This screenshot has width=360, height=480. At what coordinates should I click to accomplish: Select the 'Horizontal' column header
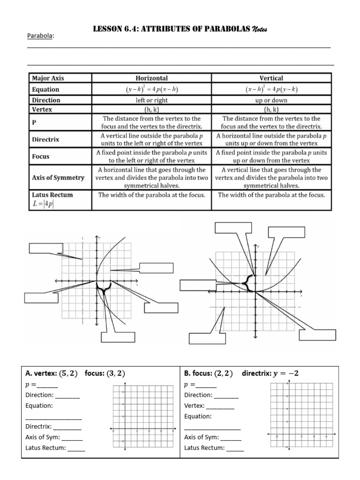151,78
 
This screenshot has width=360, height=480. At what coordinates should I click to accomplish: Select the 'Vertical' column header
271,78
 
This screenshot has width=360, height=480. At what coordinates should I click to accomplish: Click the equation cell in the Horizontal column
151,89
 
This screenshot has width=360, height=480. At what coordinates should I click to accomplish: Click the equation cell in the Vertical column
271,89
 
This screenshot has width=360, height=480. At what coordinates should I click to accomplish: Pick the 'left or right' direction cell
151,100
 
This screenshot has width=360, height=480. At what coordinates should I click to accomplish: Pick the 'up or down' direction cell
271,100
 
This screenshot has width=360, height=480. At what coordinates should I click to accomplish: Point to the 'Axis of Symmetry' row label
58,177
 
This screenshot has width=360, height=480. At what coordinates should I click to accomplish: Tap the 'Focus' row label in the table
41,157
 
